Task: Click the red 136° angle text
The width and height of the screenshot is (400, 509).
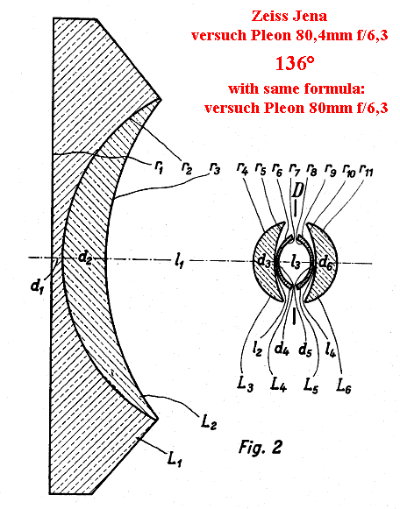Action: (295, 63)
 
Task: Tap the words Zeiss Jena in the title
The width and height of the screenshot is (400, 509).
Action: (289, 16)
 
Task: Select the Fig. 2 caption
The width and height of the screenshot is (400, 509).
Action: (260, 448)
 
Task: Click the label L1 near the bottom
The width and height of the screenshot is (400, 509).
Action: (174, 458)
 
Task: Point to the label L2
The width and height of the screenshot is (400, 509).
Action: (209, 422)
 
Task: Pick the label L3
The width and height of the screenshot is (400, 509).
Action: (246, 385)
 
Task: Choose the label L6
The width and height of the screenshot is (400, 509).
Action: (344, 385)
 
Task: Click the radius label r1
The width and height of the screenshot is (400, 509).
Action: (158, 167)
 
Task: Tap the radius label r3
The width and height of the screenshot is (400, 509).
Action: (215, 169)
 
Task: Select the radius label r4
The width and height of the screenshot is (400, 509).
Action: (242, 169)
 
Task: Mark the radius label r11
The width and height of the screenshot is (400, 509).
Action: (366, 170)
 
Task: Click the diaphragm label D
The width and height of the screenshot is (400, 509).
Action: (296, 191)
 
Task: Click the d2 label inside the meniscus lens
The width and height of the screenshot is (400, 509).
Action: (85, 258)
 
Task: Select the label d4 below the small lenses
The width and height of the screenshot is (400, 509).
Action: (282, 349)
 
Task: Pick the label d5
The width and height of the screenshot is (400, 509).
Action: (305, 350)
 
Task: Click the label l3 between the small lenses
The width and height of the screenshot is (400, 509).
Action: (296, 262)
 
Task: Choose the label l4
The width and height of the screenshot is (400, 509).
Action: (331, 350)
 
